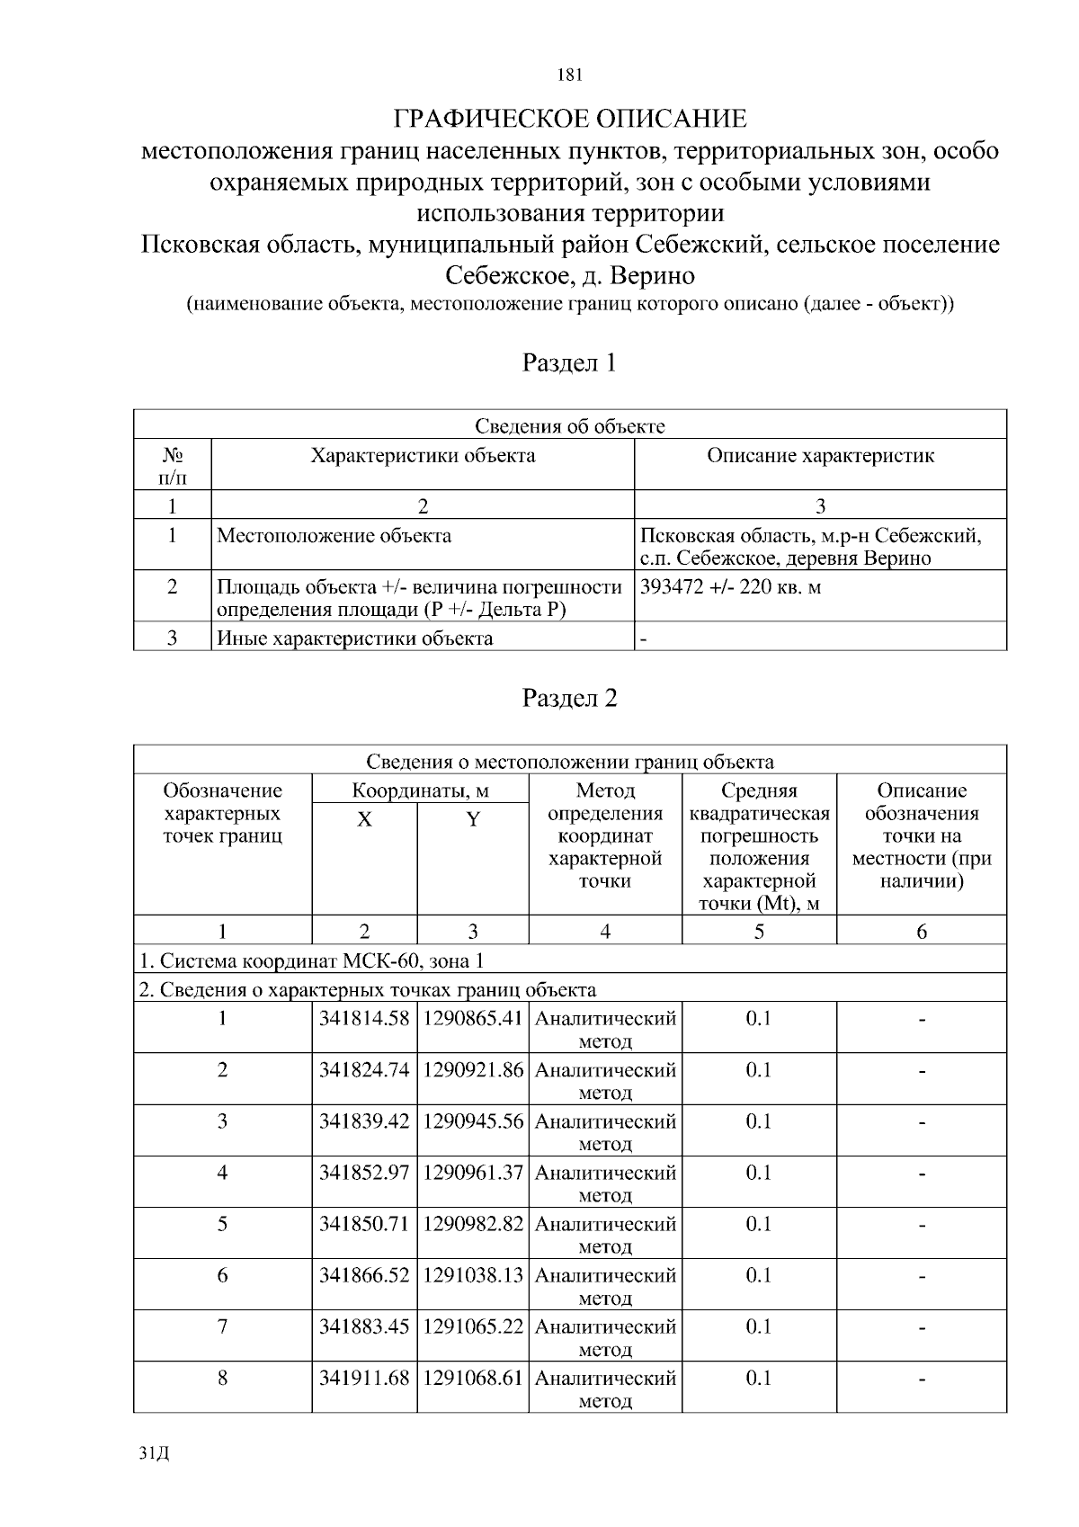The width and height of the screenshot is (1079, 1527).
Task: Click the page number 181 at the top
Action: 570,75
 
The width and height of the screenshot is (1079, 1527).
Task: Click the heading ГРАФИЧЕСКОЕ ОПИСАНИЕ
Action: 570,119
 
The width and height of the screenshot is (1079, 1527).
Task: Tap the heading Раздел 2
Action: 570,698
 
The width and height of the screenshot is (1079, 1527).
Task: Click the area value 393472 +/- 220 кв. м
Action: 730,587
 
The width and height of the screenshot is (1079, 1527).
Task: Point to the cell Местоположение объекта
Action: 334,536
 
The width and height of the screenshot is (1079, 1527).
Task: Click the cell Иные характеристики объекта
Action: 355,638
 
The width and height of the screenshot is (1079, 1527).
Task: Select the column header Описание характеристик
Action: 820,455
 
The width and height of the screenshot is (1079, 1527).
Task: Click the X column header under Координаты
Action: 364,819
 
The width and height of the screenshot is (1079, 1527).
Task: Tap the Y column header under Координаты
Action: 473,819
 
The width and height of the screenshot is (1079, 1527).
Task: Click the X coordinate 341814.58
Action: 364,1019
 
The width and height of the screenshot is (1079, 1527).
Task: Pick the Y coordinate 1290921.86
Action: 473,1070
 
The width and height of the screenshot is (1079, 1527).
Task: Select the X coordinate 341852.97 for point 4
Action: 364,1173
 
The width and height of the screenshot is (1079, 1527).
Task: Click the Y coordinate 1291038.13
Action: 473,1275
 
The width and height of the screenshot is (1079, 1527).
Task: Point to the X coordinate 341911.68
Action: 364,1378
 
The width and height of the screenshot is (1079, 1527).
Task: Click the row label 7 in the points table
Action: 222,1326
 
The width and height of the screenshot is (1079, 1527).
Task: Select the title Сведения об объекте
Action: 570,426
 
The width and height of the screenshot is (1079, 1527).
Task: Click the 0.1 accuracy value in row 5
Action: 759,1224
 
